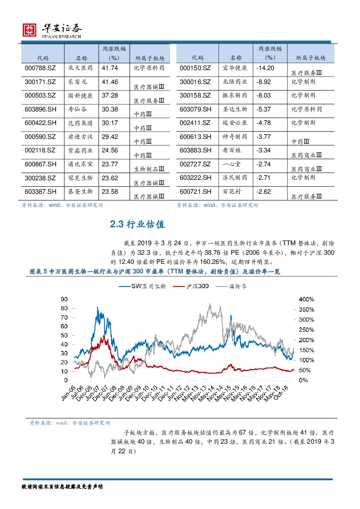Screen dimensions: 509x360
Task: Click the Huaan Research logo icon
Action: point(30,30)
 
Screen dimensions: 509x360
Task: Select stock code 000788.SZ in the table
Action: point(38,68)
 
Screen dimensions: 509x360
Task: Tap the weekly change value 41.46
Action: point(110,82)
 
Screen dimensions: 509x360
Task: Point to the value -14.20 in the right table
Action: point(265,68)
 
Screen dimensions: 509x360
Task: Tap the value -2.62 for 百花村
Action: point(264,192)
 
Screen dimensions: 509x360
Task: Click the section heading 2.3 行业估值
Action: point(137,225)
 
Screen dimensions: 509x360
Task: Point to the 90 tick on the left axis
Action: point(64,300)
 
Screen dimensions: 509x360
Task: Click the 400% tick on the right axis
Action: point(306,300)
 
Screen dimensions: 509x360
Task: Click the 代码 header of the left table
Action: point(43,58)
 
